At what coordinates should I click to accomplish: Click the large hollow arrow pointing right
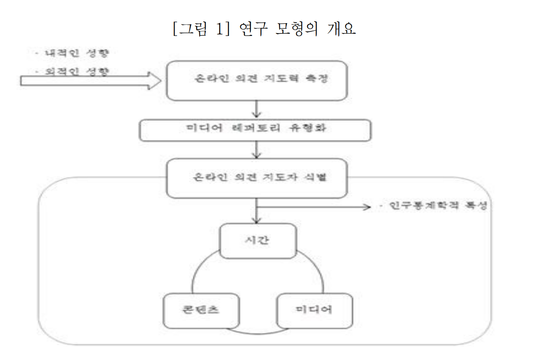coord(91,80)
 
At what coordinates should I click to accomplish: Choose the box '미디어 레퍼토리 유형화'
coord(255,130)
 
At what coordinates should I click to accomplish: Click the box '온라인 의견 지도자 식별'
coord(257,178)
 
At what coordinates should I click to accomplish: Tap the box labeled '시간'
coord(258,241)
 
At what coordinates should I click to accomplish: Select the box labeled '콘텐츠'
coord(201,311)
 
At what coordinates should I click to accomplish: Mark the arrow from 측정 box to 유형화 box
coord(257,110)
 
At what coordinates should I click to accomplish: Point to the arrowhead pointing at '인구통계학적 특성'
coord(366,207)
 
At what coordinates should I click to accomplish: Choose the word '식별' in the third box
coord(316,178)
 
